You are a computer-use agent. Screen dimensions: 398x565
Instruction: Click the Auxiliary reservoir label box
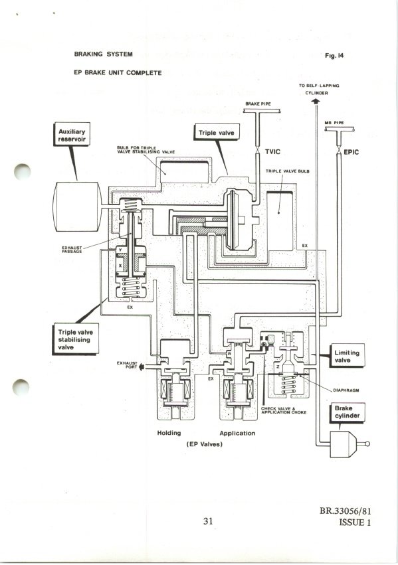(72, 134)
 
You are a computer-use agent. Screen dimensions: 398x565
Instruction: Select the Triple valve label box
(217, 132)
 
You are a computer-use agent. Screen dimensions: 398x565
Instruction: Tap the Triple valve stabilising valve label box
(76, 339)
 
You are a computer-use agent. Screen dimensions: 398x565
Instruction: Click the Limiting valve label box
(347, 356)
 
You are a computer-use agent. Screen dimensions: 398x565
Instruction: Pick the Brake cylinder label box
(347, 412)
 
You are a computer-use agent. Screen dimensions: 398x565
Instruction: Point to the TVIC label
(272, 151)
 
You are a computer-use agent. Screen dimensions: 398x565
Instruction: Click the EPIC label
(351, 152)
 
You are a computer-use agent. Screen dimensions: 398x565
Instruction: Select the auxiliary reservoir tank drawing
(77, 207)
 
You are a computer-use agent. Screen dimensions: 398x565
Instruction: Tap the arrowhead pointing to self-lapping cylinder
(316, 102)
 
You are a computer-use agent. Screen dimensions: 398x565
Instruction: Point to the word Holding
(169, 433)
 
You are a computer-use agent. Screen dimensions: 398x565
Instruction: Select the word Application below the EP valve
(237, 433)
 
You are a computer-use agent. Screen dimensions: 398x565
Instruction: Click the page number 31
(208, 521)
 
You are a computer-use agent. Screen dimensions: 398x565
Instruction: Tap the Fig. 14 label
(334, 56)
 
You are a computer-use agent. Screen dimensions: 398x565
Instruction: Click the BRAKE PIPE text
(258, 104)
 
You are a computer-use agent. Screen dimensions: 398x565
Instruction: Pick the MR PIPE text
(334, 123)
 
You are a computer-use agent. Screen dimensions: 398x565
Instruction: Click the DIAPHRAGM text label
(346, 390)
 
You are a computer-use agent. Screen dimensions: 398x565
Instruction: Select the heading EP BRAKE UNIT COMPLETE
(118, 72)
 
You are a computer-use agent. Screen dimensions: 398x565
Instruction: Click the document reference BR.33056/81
(345, 511)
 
